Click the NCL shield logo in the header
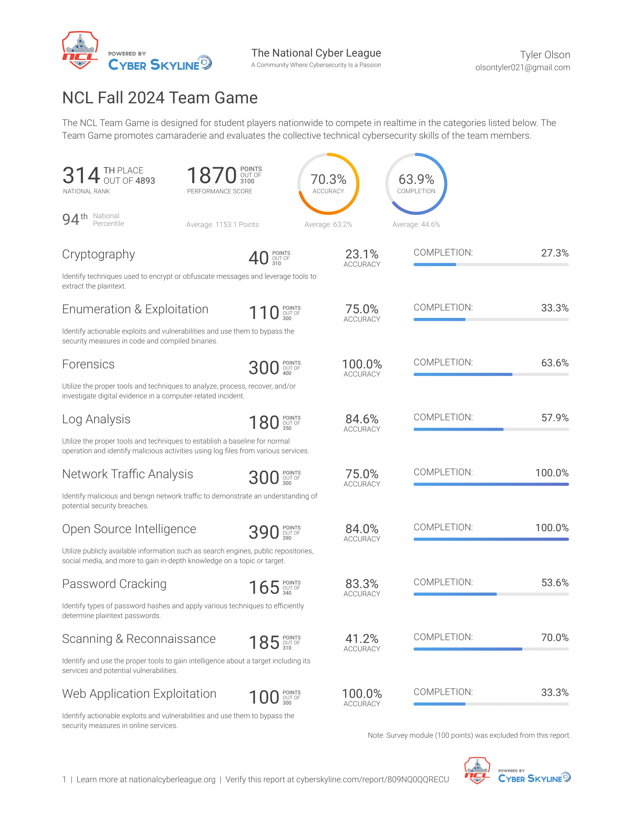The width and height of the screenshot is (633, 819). [x=80, y=50]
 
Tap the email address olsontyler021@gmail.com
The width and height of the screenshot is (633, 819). [x=522, y=67]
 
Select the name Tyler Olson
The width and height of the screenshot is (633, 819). [x=545, y=55]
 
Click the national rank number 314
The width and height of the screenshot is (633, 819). [x=81, y=175]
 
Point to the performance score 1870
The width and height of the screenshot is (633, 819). [x=211, y=175]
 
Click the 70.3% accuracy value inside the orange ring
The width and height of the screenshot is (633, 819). [x=328, y=179]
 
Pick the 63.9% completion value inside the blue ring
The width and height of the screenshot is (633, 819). [x=416, y=179]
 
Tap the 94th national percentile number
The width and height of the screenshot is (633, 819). [x=74, y=219]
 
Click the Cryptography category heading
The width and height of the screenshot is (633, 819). [x=98, y=254]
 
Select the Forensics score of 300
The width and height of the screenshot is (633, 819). [x=264, y=367]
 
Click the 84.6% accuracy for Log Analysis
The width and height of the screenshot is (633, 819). [x=362, y=419]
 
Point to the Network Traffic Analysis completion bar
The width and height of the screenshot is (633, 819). [x=491, y=484]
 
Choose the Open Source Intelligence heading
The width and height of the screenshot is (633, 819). [x=129, y=529]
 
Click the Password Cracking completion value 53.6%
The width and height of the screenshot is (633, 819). [x=555, y=582]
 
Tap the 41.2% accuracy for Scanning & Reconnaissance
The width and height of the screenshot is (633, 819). [x=362, y=638]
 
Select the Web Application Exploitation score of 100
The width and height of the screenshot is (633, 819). [x=264, y=697]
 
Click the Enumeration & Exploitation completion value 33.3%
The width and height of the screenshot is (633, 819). [x=555, y=308]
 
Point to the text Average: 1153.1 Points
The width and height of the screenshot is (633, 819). [x=222, y=224]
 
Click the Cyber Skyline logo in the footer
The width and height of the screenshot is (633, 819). [x=534, y=777]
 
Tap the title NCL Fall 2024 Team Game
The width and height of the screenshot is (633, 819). [x=160, y=98]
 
